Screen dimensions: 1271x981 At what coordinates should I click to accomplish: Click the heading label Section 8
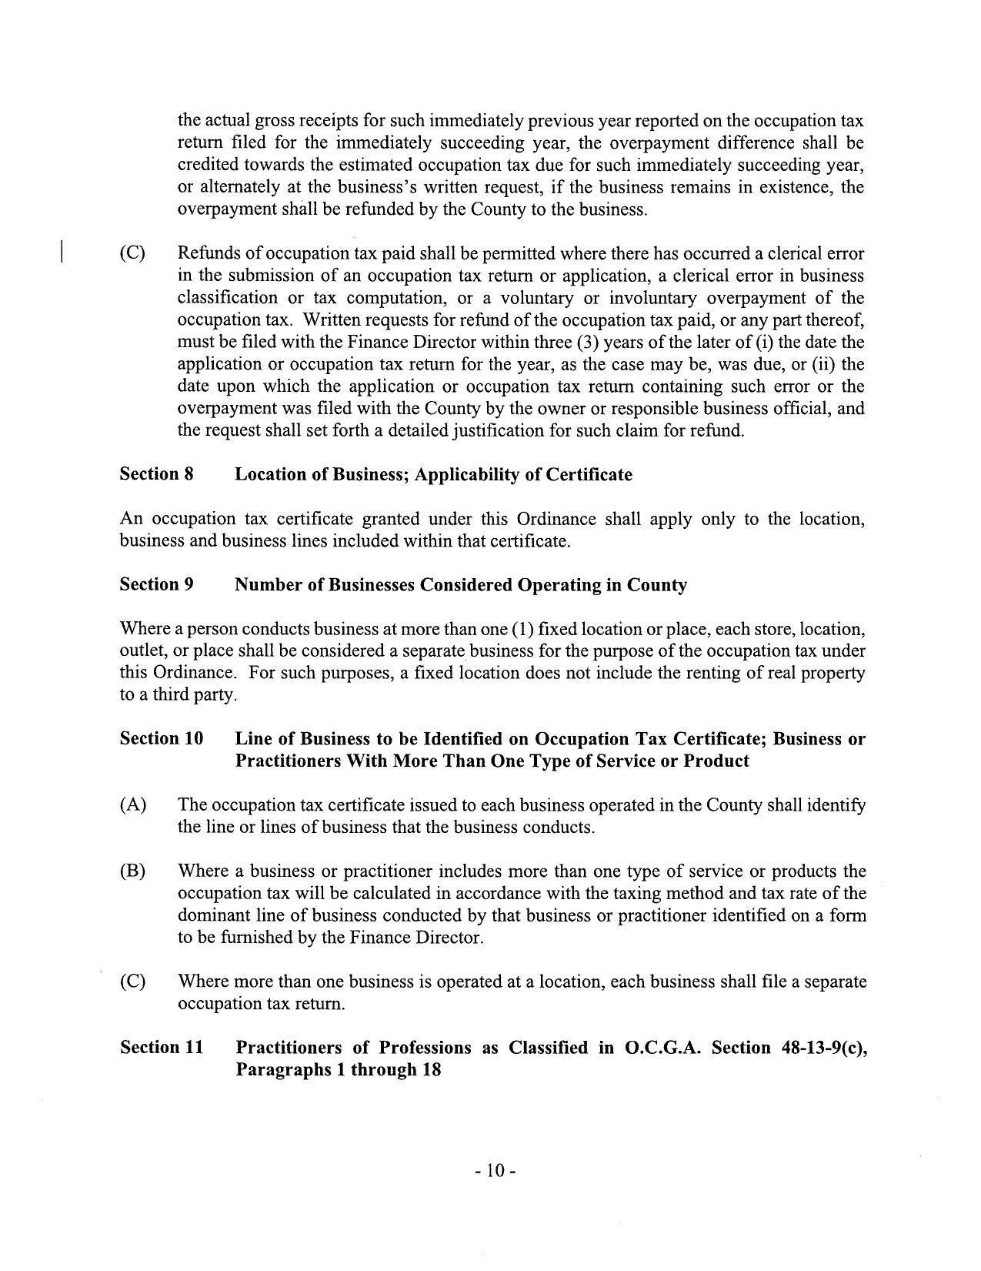pos(156,474)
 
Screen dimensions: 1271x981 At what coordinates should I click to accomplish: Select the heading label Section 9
pos(156,584)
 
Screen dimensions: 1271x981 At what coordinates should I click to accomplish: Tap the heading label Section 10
pos(162,738)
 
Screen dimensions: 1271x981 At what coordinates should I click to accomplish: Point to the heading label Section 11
pos(162,1048)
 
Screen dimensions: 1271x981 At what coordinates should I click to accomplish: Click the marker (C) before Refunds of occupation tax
pos(132,253)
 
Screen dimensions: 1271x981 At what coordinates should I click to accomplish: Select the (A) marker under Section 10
pos(132,805)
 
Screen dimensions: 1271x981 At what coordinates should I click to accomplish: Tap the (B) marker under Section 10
pos(132,871)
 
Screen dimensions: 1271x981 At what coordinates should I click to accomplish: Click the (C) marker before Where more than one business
pos(132,982)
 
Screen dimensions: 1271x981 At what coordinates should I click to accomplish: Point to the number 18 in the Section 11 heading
pos(430,1070)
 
